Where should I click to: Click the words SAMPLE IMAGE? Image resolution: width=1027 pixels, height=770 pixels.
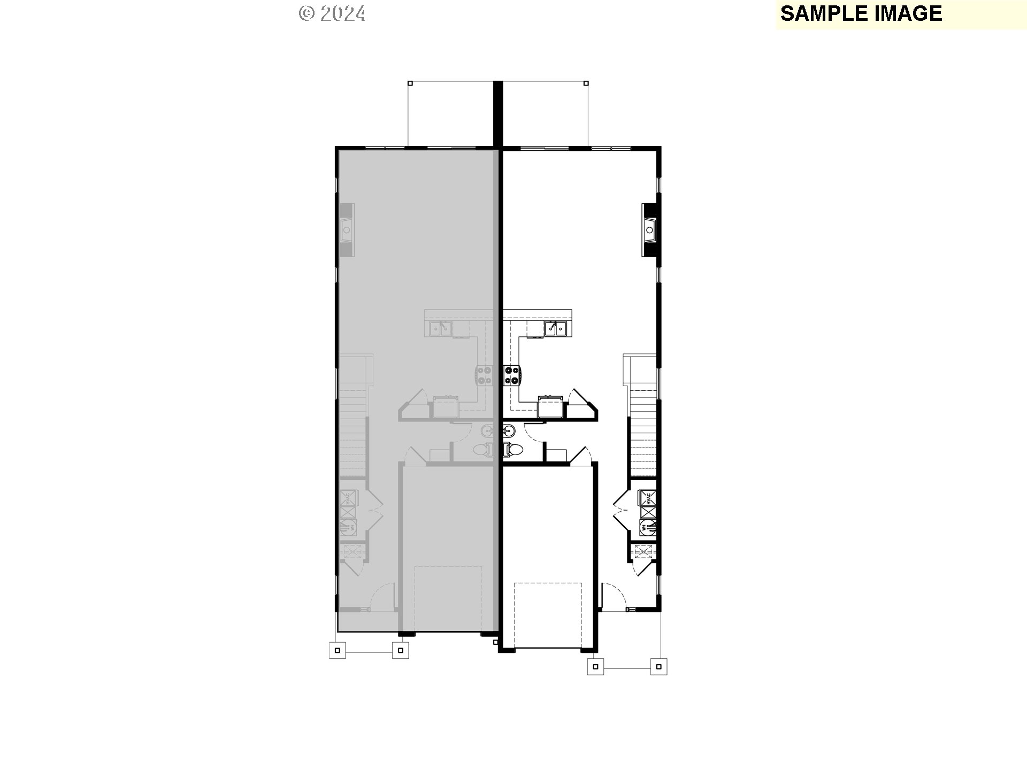coord(861,13)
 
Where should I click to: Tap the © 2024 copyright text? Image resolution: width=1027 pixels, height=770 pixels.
coord(332,13)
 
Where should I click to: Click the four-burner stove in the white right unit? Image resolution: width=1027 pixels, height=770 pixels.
coord(511,374)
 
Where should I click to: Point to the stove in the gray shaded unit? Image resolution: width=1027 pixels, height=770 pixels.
coord(485,374)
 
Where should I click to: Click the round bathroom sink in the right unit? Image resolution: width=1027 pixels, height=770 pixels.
coord(508,430)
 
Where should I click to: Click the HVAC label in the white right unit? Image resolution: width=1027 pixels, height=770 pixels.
coord(649,498)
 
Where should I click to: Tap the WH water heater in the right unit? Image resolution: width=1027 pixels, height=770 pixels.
coord(648,527)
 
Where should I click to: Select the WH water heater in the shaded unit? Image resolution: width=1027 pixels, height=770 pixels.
coord(348,527)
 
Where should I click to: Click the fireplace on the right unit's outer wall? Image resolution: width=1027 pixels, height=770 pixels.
coord(650,230)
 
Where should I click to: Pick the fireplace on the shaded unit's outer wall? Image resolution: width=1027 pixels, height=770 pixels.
coord(347,230)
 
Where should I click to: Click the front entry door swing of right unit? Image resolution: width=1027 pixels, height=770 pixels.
coord(614,596)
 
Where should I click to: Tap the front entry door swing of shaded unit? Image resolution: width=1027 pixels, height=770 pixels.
coord(382,596)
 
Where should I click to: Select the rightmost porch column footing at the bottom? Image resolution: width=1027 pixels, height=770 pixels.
coord(659,666)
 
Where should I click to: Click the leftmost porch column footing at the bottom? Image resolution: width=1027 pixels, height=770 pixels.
coord(337,650)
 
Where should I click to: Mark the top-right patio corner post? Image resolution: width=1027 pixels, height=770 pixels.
coord(586,83)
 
